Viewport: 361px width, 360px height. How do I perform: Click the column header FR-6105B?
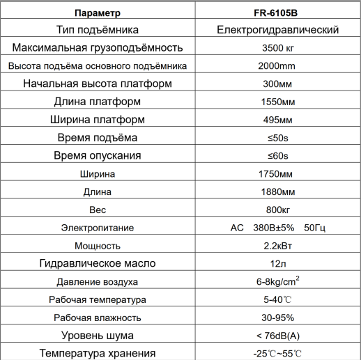coord(277,13)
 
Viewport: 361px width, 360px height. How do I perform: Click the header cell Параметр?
coord(97,13)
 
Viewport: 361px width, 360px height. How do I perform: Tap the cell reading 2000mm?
coord(277,66)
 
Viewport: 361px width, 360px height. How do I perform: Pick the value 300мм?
coord(277,84)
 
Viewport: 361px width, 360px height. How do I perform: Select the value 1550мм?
coord(277,102)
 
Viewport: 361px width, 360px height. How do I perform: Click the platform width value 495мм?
coord(277,120)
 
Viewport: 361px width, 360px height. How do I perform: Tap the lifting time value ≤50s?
coord(277,138)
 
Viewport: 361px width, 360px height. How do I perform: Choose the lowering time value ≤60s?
coord(277,156)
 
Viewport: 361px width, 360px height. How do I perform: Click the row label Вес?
coord(97,210)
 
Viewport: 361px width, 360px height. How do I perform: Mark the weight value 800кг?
coord(277,210)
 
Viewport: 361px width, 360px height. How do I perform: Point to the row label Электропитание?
coord(97,228)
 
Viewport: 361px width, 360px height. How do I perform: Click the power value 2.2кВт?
coord(277,246)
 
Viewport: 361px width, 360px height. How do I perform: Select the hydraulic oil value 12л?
coord(277,264)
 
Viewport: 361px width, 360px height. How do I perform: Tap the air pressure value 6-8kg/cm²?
coord(277,281)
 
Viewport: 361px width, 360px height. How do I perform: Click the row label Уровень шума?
coord(97,336)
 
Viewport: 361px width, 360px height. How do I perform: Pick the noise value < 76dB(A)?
coord(277,336)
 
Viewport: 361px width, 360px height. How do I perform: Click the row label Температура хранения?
coord(97,353)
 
